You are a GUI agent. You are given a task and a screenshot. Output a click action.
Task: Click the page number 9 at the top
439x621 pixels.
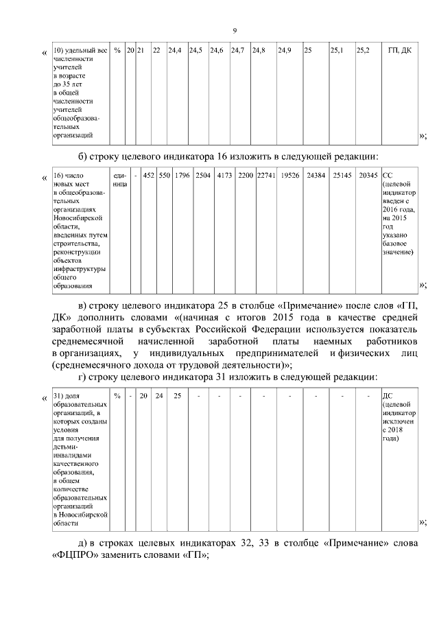(235, 31)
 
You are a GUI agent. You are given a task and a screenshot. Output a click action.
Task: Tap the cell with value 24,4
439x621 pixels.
(175, 51)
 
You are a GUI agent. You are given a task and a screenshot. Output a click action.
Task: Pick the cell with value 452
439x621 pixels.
(148, 176)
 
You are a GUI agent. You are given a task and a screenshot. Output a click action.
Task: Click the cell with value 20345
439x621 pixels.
(368, 176)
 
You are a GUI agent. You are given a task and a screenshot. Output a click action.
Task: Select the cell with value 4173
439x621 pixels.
(224, 176)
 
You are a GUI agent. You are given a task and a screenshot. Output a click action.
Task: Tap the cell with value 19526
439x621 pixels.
(290, 176)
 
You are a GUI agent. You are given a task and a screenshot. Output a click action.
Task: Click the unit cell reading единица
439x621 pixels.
(119, 180)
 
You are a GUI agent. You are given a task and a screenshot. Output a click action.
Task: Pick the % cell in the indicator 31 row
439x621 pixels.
(118, 396)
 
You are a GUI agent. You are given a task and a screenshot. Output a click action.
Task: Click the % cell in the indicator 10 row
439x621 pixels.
(118, 51)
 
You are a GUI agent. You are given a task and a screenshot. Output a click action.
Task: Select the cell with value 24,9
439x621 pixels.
(285, 51)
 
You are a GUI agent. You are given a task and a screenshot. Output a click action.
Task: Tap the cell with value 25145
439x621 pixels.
(342, 176)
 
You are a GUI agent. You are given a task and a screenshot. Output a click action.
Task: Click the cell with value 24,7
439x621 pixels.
(238, 51)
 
